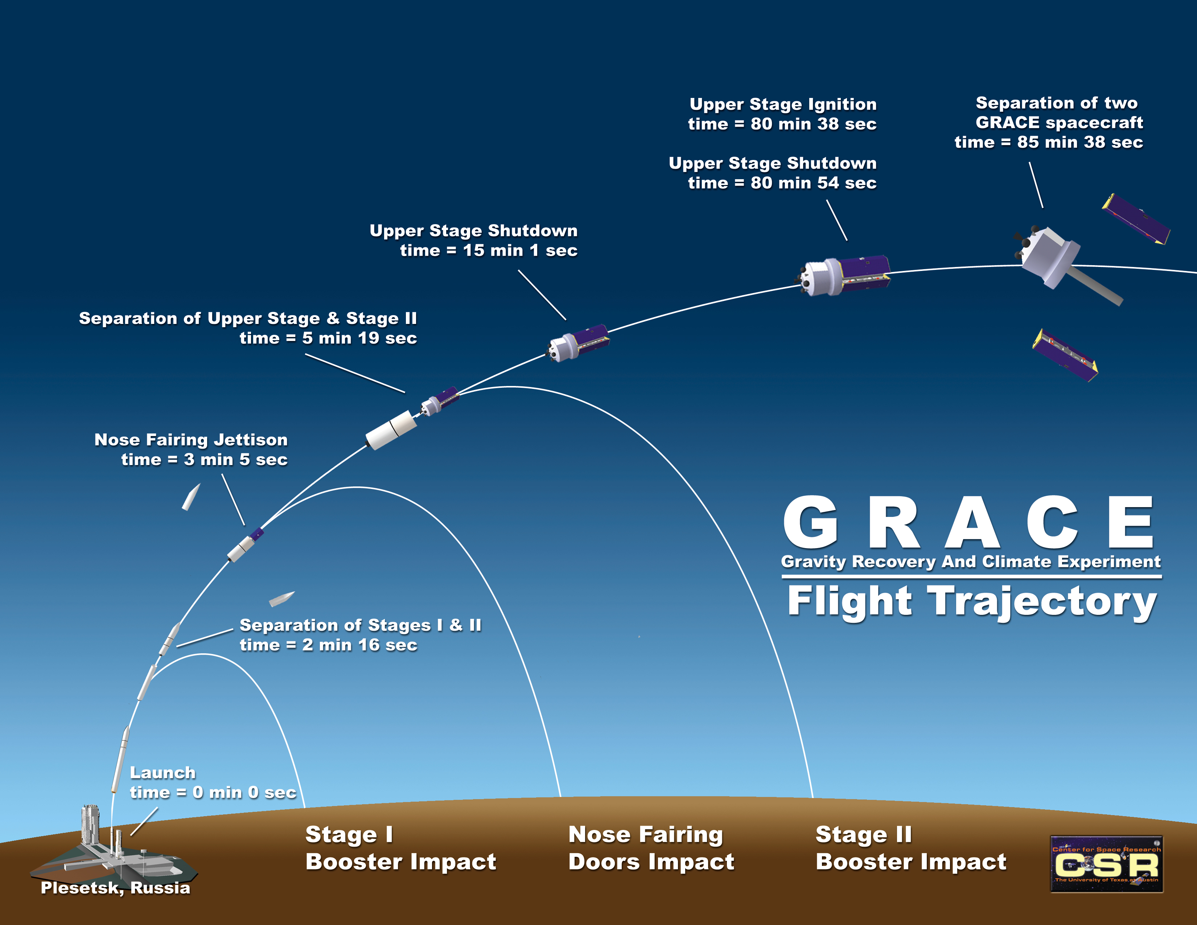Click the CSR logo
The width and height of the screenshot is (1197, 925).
1106,864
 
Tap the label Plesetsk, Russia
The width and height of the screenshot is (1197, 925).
116,888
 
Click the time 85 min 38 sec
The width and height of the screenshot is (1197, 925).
1080,143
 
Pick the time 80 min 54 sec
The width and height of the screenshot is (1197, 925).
813,183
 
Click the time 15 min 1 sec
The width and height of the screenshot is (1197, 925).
520,250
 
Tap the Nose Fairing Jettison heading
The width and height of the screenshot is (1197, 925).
191,440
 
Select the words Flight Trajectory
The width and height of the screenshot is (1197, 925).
972,602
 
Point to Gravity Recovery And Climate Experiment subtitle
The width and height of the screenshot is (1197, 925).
971,562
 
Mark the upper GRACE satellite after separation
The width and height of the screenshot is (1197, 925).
1136,219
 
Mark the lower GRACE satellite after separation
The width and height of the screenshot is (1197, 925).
1065,355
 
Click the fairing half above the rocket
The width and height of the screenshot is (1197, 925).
191,497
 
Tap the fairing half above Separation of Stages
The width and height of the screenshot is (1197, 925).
282,599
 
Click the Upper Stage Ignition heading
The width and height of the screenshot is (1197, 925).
783,104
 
